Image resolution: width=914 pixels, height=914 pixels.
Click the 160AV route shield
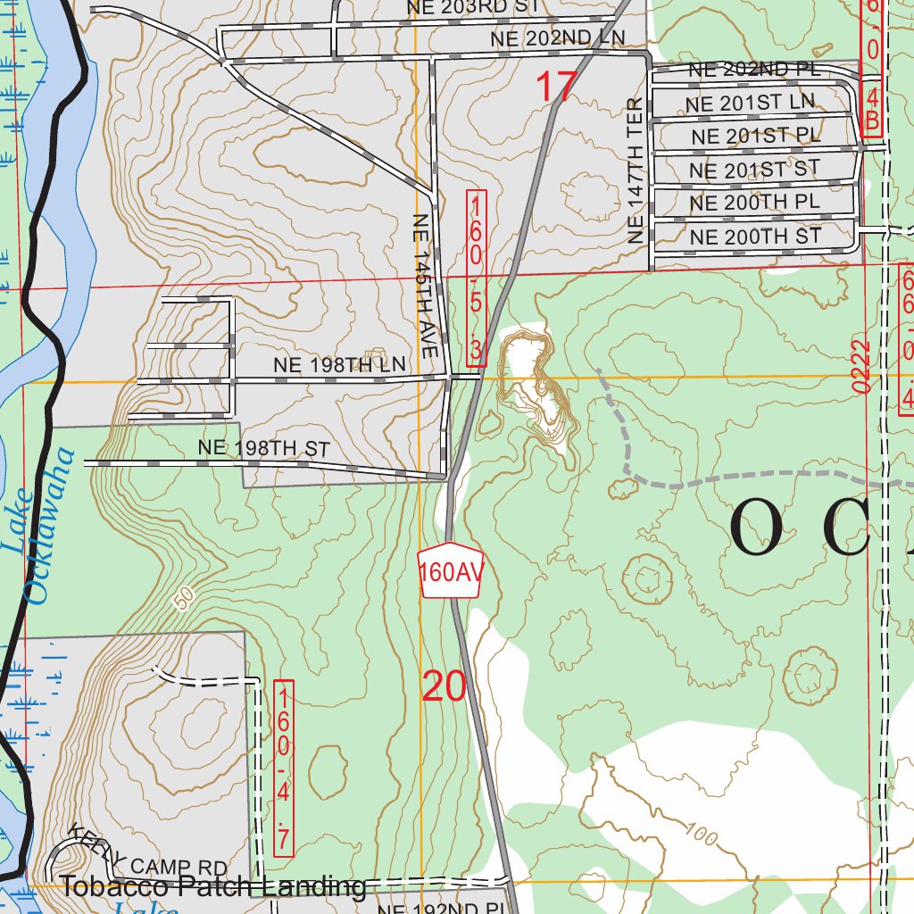click(x=450, y=570)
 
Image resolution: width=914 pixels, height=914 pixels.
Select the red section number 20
click(x=444, y=686)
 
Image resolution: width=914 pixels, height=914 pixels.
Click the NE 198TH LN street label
click(x=339, y=365)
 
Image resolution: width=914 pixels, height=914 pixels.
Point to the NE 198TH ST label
click(x=264, y=448)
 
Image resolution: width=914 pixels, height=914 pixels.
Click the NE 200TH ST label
click(x=755, y=237)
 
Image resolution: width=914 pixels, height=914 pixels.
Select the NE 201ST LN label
click(x=750, y=104)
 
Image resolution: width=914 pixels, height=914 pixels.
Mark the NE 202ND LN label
click(x=557, y=38)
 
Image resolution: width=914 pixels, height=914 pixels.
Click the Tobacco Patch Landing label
click(x=213, y=886)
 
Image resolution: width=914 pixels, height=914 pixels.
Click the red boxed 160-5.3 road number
click(x=477, y=278)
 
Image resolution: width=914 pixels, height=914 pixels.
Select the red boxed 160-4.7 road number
click(x=284, y=769)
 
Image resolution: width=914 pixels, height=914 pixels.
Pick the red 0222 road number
click(x=860, y=366)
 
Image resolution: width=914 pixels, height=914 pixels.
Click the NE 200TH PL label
click(x=754, y=203)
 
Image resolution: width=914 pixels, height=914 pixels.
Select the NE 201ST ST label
click(x=754, y=169)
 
